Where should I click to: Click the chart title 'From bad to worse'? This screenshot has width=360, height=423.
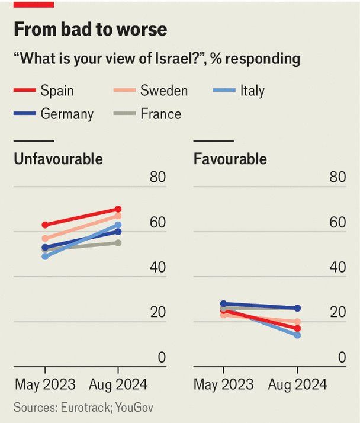pos(90,29)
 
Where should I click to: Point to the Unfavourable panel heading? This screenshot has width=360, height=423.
pos(58,159)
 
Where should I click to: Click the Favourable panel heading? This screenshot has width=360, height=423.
pos(230,159)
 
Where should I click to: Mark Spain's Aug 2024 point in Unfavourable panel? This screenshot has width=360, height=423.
pos(118,209)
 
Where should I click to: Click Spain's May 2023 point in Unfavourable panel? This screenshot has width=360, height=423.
pos(45,225)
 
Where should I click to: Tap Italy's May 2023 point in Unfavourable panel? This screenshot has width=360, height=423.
pos(45,257)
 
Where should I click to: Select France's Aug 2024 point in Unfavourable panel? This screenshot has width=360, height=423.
pos(118,243)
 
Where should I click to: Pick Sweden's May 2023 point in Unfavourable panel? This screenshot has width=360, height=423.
pos(45,238)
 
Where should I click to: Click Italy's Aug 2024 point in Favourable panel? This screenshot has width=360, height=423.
pos(297,335)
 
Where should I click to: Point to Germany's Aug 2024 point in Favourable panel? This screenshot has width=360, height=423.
pos(297,308)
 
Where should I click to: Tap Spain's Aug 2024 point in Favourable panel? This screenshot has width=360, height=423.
pos(297,328)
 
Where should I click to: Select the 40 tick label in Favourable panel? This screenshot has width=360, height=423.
pos(337,267)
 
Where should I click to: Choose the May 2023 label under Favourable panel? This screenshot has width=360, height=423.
pos(223,384)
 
